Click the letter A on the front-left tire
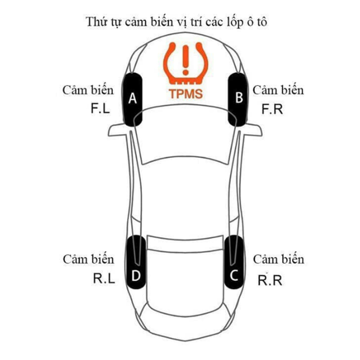click(x=132, y=98)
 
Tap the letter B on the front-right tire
click(x=239, y=97)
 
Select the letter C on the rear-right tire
click(x=234, y=275)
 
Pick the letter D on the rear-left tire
click(x=136, y=275)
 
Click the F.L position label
click(x=100, y=108)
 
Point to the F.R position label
click(x=272, y=109)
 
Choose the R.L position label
click(x=104, y=279)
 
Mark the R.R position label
click(x=270, y=280)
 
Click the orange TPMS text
click(x=186, y=94)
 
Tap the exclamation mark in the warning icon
click(x=185, y=60)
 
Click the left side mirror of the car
click(x=117, y=130)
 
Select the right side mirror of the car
click(x=253, y=130)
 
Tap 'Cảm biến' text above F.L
click(x=88, y=90)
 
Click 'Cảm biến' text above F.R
click(x=278, y=90)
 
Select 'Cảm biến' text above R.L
click(x=88, y=259)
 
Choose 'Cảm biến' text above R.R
click(x=279, y=259)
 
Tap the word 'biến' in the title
click(x=162, y=22)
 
